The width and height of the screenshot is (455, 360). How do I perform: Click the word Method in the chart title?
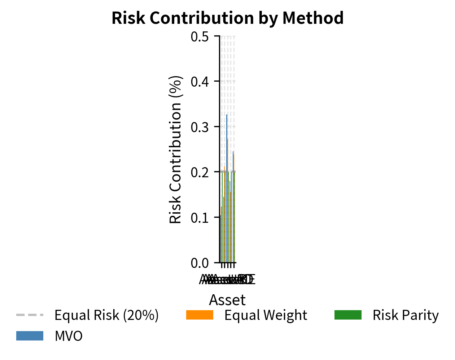click(313, 18)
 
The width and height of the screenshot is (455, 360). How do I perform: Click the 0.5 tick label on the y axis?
click(200, 36)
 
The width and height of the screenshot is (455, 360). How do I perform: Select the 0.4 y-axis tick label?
click(200, 82)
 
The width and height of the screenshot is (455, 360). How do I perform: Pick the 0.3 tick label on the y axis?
click(200, 127)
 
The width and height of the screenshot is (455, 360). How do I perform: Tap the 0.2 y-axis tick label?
click(200, 172)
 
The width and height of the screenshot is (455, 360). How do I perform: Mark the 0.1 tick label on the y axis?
click(200, 218)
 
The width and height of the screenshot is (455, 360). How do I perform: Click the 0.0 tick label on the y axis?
click(200, 263)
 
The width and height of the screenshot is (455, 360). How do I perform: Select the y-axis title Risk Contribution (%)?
click(175, 149)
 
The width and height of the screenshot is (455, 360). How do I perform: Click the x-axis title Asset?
click(227, 300)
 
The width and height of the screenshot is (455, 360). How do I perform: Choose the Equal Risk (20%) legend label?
click(106, 315)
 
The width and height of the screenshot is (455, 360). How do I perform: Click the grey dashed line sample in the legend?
click(30, 315)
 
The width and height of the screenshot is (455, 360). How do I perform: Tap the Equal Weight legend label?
click(266, 315)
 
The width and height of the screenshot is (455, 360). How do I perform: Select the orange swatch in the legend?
click(200, 315)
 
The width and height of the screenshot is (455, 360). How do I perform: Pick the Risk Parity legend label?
click(406, 315)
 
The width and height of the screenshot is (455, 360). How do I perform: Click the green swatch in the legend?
click(348, 315)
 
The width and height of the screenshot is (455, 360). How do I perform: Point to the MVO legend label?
click(69, 336)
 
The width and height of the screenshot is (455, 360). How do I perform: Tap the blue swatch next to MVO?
click(30, 336)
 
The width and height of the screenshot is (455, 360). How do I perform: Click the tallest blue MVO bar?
click(227, 188)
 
